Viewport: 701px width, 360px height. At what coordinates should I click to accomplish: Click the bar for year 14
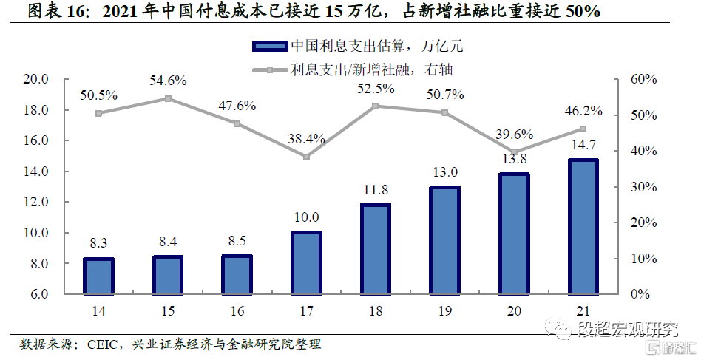98,276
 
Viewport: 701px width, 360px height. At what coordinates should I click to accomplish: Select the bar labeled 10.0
306,262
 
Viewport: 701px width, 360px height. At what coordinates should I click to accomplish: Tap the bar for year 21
583,226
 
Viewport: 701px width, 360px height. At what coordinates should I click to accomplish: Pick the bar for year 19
444,240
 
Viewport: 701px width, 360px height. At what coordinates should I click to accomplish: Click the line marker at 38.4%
306,157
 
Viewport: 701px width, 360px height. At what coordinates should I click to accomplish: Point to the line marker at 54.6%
168,98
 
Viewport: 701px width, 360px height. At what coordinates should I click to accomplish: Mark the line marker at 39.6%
514,152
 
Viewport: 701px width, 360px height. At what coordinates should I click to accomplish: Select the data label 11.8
376,190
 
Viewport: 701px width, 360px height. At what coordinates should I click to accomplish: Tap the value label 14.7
583,145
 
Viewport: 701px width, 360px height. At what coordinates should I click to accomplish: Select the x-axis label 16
237,311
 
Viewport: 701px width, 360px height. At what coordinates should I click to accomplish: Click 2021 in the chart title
119,13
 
